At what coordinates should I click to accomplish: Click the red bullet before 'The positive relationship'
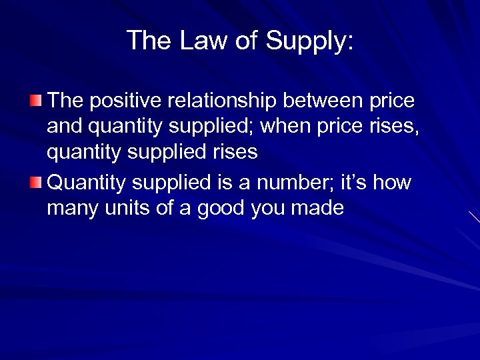click(x=35, y=101)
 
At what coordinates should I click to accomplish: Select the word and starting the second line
click(x=64, y=127)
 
